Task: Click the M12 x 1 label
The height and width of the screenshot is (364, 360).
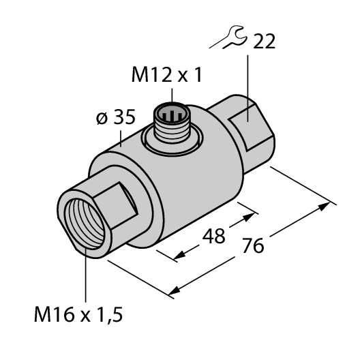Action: [x=167, y=76]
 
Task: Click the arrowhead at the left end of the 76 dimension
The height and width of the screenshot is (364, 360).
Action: [x=174, y=292]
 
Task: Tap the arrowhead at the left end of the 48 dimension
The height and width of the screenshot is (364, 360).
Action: [x=179, y=256]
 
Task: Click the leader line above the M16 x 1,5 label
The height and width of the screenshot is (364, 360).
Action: [x=85, y=273]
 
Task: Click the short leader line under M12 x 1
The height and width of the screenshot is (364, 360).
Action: [x=171, y=93]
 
